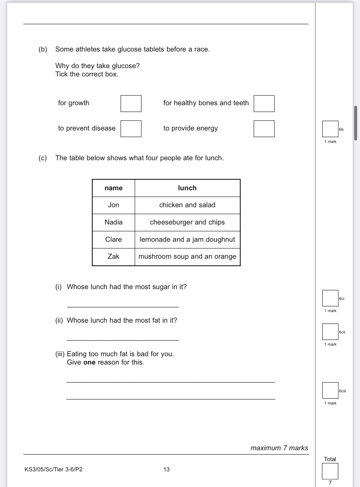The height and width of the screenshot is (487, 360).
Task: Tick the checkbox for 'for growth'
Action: click(131, 104)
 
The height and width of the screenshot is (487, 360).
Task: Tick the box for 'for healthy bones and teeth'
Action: click(264, 104)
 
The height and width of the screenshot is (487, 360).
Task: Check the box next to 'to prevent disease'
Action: click(131, 129)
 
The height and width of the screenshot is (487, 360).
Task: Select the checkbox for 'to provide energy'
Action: click(264, 129)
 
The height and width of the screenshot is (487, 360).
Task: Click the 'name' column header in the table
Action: click(114, 188)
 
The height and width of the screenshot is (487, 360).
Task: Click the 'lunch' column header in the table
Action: click(187, 188)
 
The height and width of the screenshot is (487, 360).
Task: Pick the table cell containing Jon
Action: click(114, 205)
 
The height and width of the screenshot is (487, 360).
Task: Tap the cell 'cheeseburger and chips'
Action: click(187, 222)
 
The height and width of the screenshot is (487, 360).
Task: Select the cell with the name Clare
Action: click(114, 240)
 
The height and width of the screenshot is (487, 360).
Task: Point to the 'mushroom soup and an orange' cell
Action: click(187, 256)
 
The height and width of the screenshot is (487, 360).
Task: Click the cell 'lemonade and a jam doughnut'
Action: click(187, 240)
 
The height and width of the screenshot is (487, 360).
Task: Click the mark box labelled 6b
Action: click(330, 129)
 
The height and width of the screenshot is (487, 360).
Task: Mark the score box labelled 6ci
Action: click(330, 298)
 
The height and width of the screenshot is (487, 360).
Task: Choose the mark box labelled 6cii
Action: click(330, 332)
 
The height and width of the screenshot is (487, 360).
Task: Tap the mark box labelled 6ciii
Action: click(330, 390)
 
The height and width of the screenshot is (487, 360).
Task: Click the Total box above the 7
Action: click(330, 471)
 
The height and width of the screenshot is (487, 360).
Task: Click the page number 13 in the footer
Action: click(166, 469)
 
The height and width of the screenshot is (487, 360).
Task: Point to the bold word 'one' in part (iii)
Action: click(89, 362)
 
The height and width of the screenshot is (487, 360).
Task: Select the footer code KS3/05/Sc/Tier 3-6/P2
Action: click(53, 469)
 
